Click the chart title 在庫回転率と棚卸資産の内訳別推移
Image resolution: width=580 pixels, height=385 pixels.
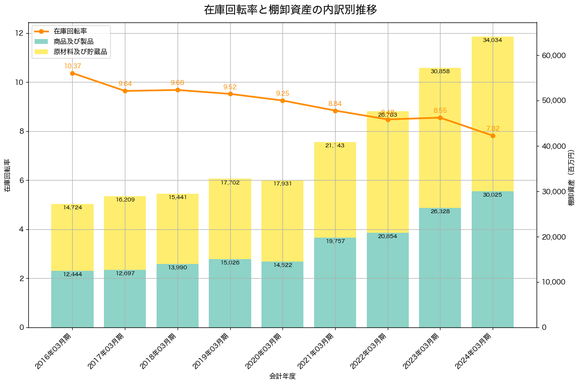(x=290, y=10)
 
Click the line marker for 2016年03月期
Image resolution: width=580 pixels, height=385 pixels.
(x=72, y=73)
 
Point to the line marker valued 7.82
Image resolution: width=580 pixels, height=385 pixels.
(x=493, y=136)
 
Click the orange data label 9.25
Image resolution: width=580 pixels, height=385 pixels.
(x=282, y=93)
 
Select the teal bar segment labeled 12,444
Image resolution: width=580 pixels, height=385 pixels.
(x=72, y=299)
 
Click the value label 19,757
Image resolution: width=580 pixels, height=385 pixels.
(x=335, y=241)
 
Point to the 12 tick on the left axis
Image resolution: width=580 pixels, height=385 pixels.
(x=20, y=33)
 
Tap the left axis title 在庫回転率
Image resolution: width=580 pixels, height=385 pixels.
(x=7, y=175)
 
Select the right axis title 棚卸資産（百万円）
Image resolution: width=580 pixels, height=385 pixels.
(x=572, y=175)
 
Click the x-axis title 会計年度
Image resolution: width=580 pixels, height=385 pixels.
(x=282, y=376)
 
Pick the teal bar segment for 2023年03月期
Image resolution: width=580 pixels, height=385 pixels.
(x=440, y=267)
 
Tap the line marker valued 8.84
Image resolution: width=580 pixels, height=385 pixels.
(x=335, y=111)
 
